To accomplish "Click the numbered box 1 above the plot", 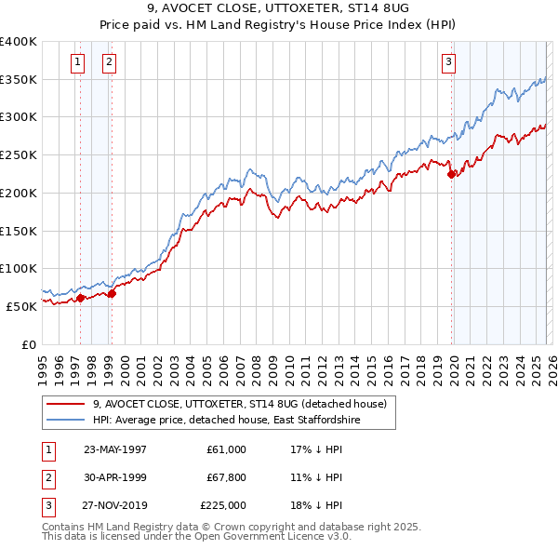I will coord(76,62).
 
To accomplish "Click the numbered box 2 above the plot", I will coord(109,62).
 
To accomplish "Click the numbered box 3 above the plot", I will coord(448,62).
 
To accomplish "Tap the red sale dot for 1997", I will coord(80,298).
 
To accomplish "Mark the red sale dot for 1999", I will coord(112,293).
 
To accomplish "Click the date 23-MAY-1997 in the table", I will coord(114,449).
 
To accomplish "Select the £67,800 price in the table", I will coord(227,477).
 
